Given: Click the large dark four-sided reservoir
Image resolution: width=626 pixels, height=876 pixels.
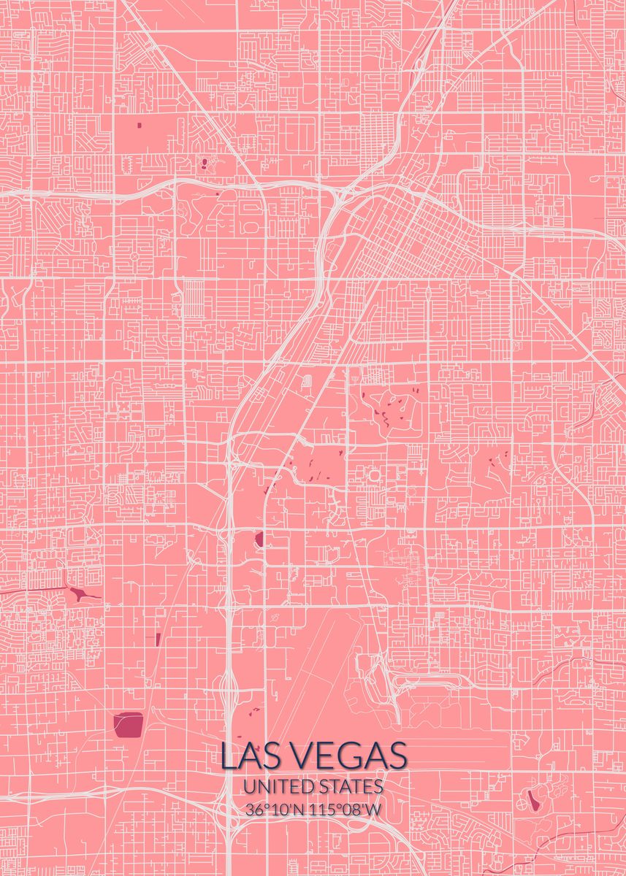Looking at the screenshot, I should (x=129, y=723).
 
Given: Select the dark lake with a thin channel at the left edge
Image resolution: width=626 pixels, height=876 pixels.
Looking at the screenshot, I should (x=79, y=593).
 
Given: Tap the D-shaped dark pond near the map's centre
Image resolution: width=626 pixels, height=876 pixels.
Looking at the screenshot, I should (x=259, y=540).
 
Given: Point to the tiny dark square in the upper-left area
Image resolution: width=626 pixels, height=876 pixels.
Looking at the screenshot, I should (x=139, y=125).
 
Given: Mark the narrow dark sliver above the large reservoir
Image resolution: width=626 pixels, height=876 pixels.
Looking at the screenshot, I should (x=157, y=639).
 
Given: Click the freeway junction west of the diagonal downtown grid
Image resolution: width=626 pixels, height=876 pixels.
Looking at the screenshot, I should (x=337, y=196).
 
